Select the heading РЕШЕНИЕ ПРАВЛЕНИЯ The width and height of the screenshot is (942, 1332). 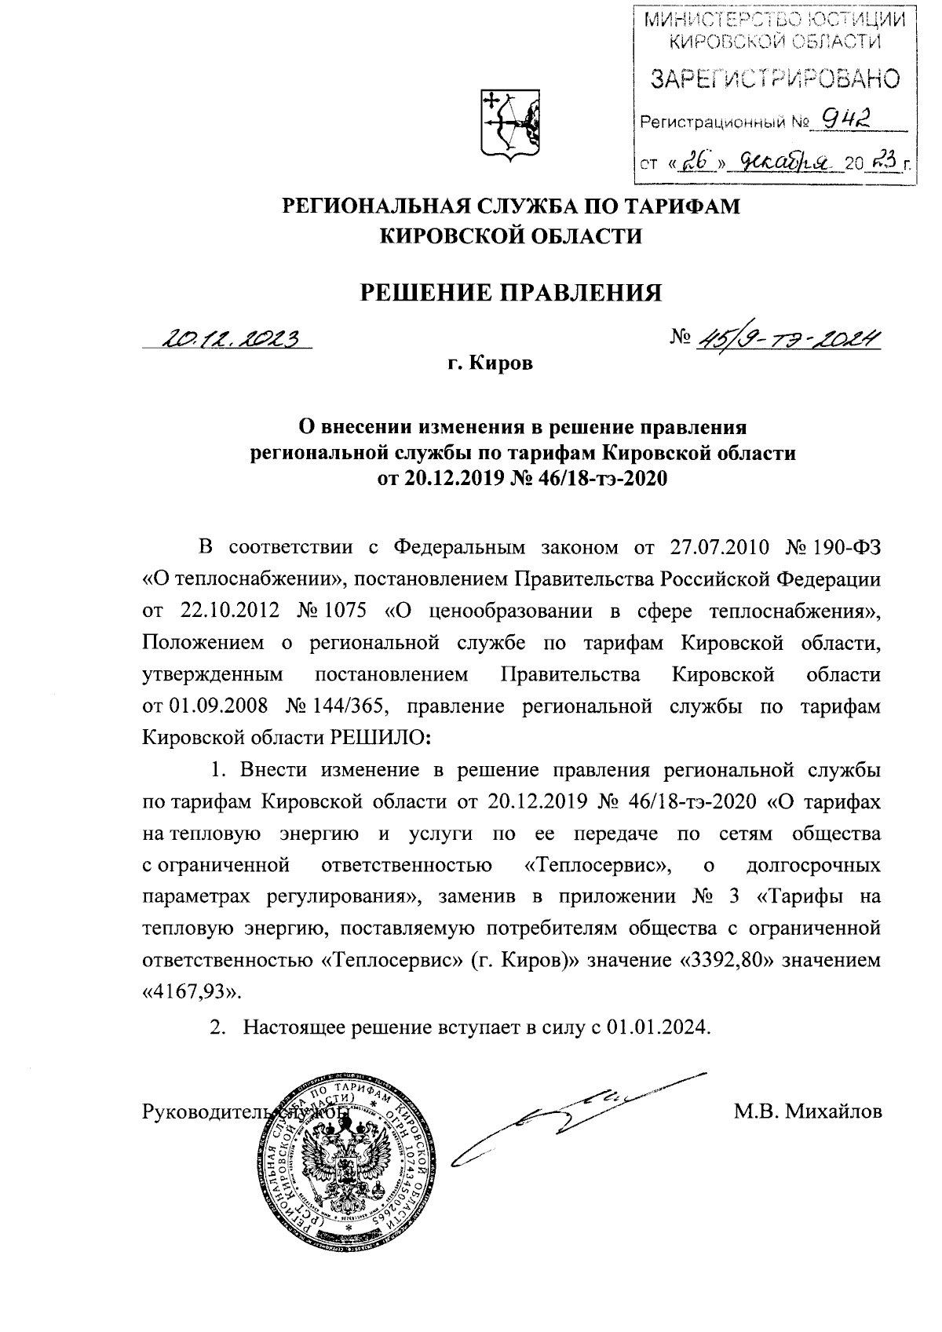click(510, 292)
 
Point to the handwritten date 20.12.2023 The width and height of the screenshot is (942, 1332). click(232, 338)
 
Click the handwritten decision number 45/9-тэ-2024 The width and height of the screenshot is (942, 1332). click(785, 338)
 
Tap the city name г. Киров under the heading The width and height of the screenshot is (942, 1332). click(486, 365)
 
